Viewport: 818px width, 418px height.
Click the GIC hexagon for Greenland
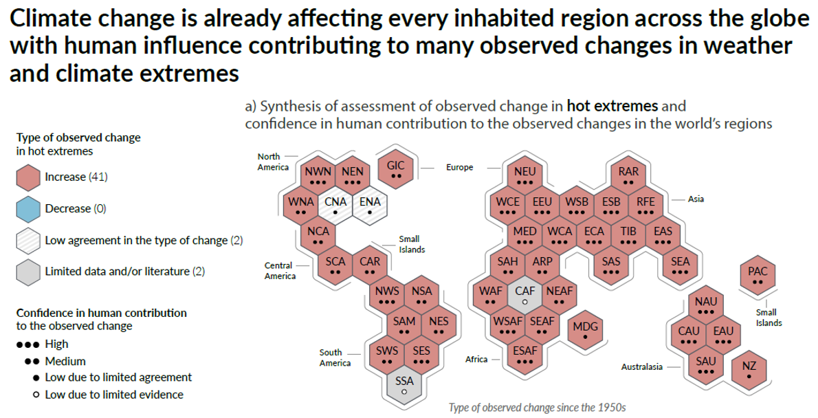pos(395,169)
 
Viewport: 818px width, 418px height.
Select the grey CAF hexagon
pos(524,296)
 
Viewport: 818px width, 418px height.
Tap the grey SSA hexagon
pos(404,386)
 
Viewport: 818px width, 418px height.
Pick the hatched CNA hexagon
pos(335,206)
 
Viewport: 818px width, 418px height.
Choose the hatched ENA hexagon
pos(370,206)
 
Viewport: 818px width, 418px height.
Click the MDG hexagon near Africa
pos(586,331)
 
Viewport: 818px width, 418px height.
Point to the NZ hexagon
pos(749,370)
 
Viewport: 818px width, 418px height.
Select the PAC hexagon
pos(758,276)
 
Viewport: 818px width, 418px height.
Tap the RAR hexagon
pos(629,176)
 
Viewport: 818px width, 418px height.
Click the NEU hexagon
pos(524,176)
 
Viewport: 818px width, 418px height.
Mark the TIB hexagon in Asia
pos(629,235)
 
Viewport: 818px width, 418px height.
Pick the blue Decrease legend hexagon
pos(28,209)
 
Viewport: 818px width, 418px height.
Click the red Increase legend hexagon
pos(28,177)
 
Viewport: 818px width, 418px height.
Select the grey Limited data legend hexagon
pos(28,272)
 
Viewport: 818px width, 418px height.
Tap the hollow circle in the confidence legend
pos(36,395)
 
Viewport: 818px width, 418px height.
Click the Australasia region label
pos(641,367)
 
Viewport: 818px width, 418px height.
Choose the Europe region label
pos(459,168)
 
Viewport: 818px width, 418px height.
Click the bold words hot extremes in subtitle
pos(612,107)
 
